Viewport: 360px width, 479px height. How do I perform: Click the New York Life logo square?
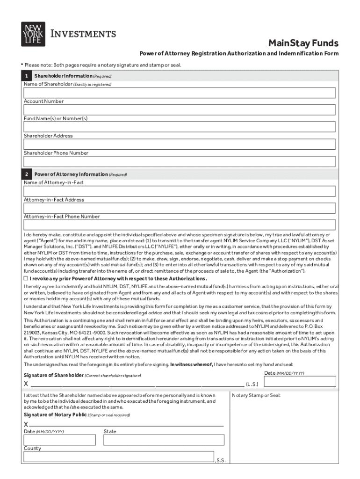(33, 34)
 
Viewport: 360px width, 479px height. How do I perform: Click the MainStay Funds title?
(303, 44)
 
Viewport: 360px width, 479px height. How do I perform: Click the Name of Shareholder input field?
(180, 93)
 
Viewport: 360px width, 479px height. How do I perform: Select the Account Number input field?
(180, 110)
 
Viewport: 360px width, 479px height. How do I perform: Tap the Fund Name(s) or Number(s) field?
(180, 127)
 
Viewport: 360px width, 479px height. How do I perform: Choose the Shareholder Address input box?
(180, 144)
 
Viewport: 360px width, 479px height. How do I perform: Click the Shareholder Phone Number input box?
(180, 161)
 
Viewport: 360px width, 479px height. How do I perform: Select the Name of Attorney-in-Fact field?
(180, 191)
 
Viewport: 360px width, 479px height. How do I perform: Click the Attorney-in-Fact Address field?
(180, 208)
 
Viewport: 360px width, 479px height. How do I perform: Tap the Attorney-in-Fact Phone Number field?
(180, 225)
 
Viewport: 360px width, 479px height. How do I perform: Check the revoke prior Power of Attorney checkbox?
(26, 277)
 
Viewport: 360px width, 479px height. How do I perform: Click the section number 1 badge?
(27, 76)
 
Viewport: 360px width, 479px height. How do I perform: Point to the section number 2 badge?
(27, 174)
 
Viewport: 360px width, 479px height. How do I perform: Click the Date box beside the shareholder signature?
(300, 381)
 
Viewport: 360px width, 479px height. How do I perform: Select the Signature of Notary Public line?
(126, 425)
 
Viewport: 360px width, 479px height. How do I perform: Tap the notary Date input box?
(60, 440)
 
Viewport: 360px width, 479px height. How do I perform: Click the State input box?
(164, 440)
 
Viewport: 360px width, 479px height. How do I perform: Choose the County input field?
(119, 457)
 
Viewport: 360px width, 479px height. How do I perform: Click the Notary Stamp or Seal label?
(256, 395)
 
